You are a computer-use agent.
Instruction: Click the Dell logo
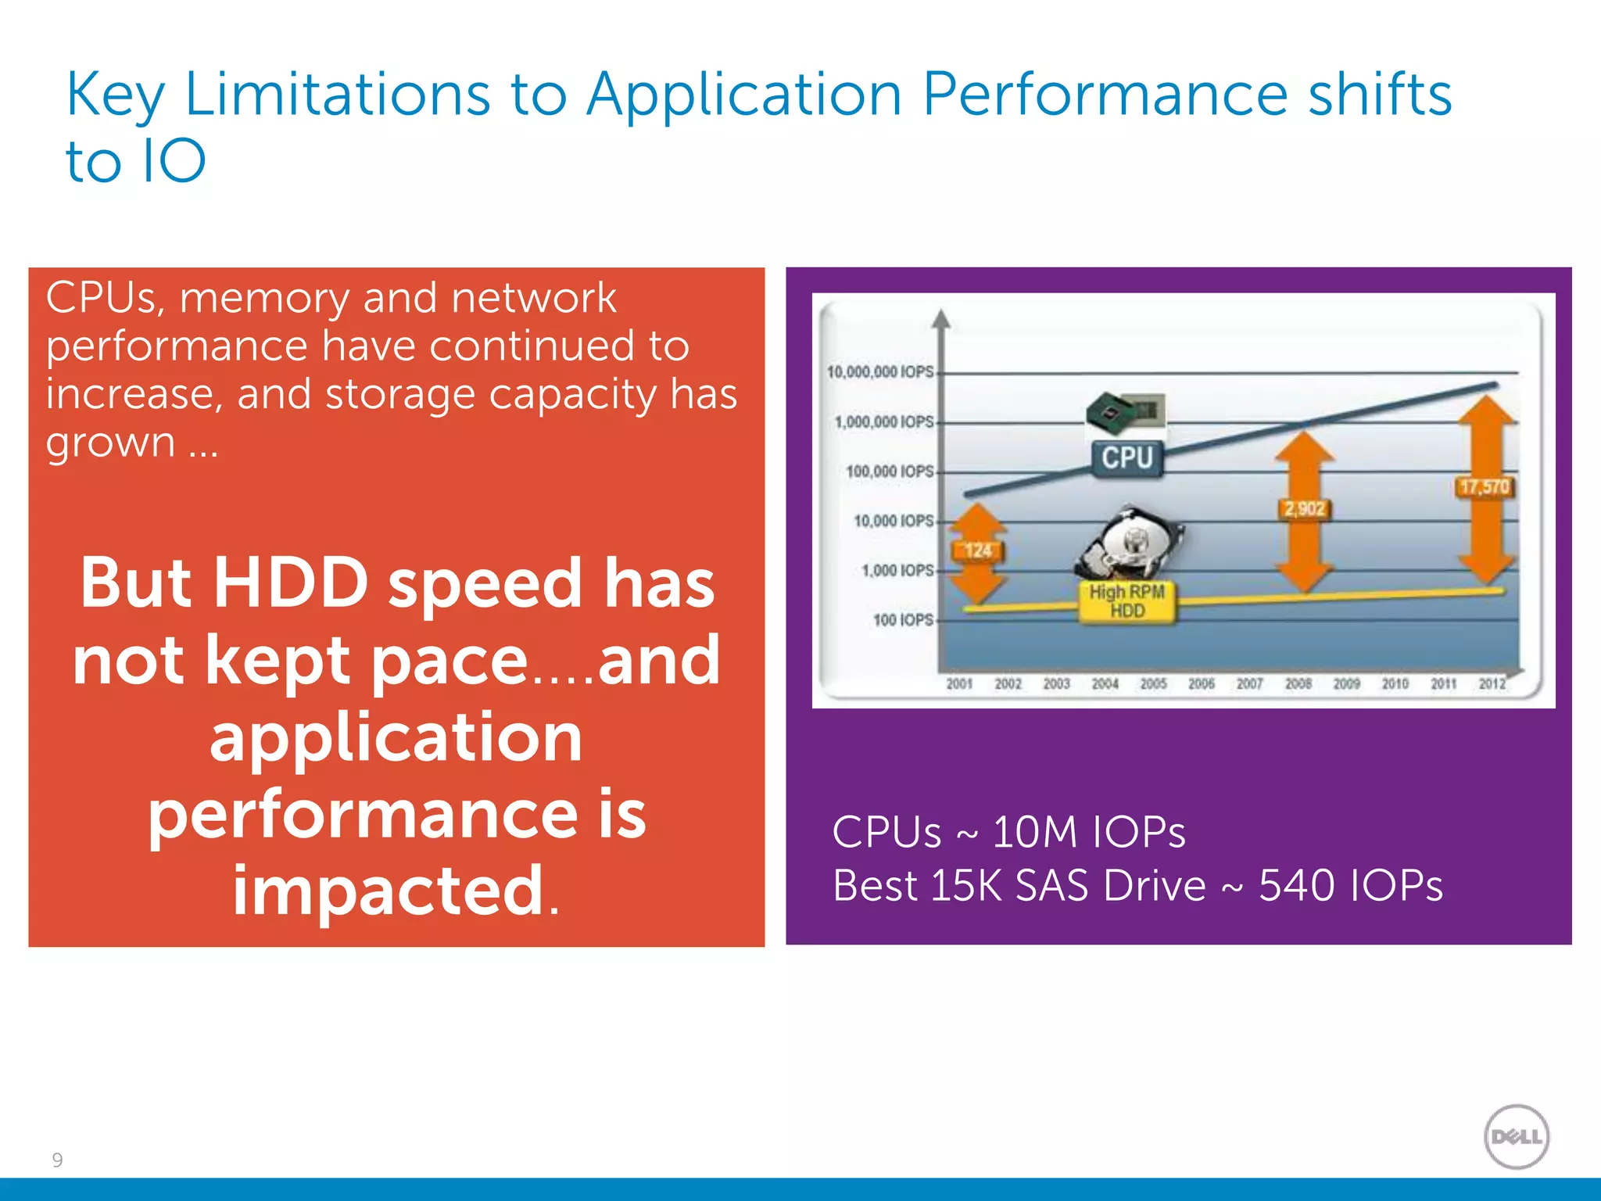coord(1516,1136)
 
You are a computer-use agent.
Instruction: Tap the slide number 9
coord(57,1160)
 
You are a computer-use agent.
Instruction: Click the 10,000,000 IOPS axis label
coord(880,371)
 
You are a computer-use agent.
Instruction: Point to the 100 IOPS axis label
coord(903,620)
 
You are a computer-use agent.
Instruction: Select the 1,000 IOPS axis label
coord(897,570)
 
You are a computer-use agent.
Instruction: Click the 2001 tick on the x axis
coord(959,683)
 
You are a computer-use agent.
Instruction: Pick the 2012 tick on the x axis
coord(1492,683)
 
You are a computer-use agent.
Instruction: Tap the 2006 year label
coord(1202,683)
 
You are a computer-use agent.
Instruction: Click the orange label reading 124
coord(977,550)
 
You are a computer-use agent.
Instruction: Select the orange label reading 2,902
coord(1304,509)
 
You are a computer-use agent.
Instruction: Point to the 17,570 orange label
coord(1484,487)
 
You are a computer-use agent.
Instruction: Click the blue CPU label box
coord(1127,457)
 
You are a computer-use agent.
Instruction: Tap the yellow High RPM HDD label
coord(1126,601)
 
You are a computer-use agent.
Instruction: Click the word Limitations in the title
coord(337,94)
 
